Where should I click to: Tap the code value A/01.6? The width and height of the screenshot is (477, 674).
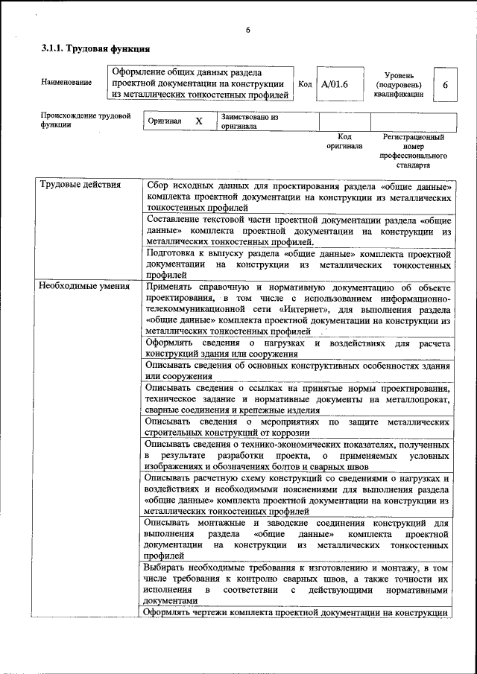coord(335,83)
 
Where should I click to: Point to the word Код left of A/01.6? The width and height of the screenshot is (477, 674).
coord(305,83)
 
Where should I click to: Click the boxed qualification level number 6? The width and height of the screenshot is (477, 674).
coord(445,85)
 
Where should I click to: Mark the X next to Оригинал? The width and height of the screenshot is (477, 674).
coord(198,121)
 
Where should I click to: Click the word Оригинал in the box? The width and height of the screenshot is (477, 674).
coord(165,121)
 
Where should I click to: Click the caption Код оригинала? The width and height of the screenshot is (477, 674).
coord(344,142)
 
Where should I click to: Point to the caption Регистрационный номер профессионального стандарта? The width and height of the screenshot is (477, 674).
coord(413,151)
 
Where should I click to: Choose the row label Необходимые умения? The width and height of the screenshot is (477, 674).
coord(84,286)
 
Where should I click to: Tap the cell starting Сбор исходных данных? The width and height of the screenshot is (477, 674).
coord(299,196)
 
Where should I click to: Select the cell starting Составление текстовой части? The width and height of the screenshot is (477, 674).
coord(299,231)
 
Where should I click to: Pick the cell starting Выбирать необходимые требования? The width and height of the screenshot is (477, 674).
coord(299,584)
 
